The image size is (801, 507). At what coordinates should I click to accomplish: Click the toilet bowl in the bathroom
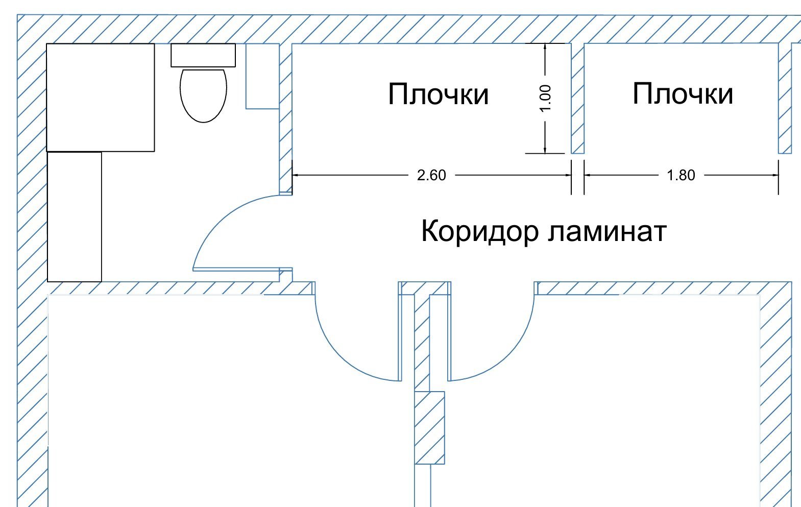(203, 95)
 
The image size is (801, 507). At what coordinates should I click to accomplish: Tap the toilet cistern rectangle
(203, 55)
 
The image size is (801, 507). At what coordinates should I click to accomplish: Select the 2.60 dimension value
(431, 175)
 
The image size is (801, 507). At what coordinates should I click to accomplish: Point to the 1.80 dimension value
(681, 175)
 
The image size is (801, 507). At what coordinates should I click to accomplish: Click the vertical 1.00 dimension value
(545, 98)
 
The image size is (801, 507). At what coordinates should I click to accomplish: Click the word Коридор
(479, 231)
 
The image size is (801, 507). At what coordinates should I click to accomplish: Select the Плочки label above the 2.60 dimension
(438, 94)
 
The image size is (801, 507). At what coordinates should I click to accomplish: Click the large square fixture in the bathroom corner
(101, 98)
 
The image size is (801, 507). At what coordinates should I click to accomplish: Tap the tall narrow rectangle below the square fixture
(75, 216)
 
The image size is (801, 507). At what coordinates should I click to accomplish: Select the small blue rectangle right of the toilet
(262, 76)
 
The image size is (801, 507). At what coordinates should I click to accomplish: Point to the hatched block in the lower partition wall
(429, 427)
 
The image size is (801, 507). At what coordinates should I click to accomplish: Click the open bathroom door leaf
(236, 269)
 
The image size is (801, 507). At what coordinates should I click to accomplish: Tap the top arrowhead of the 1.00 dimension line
(545, 46)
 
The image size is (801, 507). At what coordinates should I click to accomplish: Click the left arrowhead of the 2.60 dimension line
(295, 175)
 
